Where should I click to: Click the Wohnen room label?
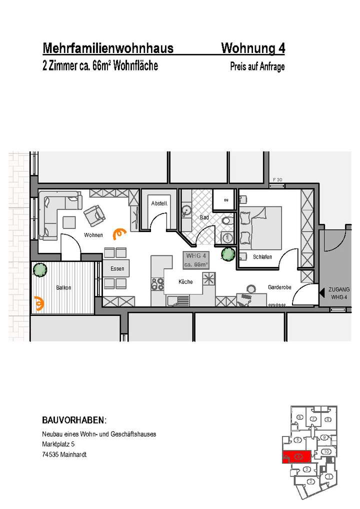click(93, 235)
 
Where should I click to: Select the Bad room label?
click(204, 218)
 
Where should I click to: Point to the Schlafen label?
click(262, 257)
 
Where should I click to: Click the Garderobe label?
click(277, 287)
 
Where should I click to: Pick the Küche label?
click(185, 282)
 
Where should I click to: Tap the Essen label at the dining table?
click(117, 269)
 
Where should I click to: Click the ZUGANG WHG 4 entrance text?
click(339, 293)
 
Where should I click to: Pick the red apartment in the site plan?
click(296, 456)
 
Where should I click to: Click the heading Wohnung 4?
click(253, 48)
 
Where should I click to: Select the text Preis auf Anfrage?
click(257, 66)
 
